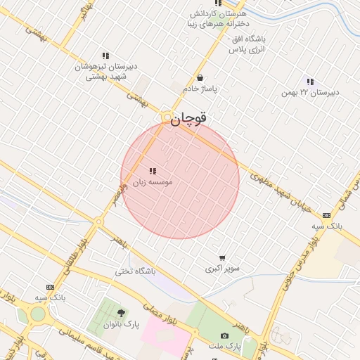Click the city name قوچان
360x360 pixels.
[x=189, y=119]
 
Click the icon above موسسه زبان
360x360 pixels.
[x=153, y=171]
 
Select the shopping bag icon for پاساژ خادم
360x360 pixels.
[x=202, y=78]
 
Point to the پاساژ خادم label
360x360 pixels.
[x=201, y=89]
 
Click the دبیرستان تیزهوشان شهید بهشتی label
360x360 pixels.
[x=105, y=71]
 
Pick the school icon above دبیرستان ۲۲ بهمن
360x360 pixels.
[x=310, y=82]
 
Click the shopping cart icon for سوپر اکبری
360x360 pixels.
[x=223, y=258]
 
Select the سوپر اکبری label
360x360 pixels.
[x=223, y=269]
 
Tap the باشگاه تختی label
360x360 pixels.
[x=136, y=271]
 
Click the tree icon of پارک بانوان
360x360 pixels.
[x=121, y=313]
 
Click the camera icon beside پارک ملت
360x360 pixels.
[x=224, y=336]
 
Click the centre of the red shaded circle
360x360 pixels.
[x=180, y=179]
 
